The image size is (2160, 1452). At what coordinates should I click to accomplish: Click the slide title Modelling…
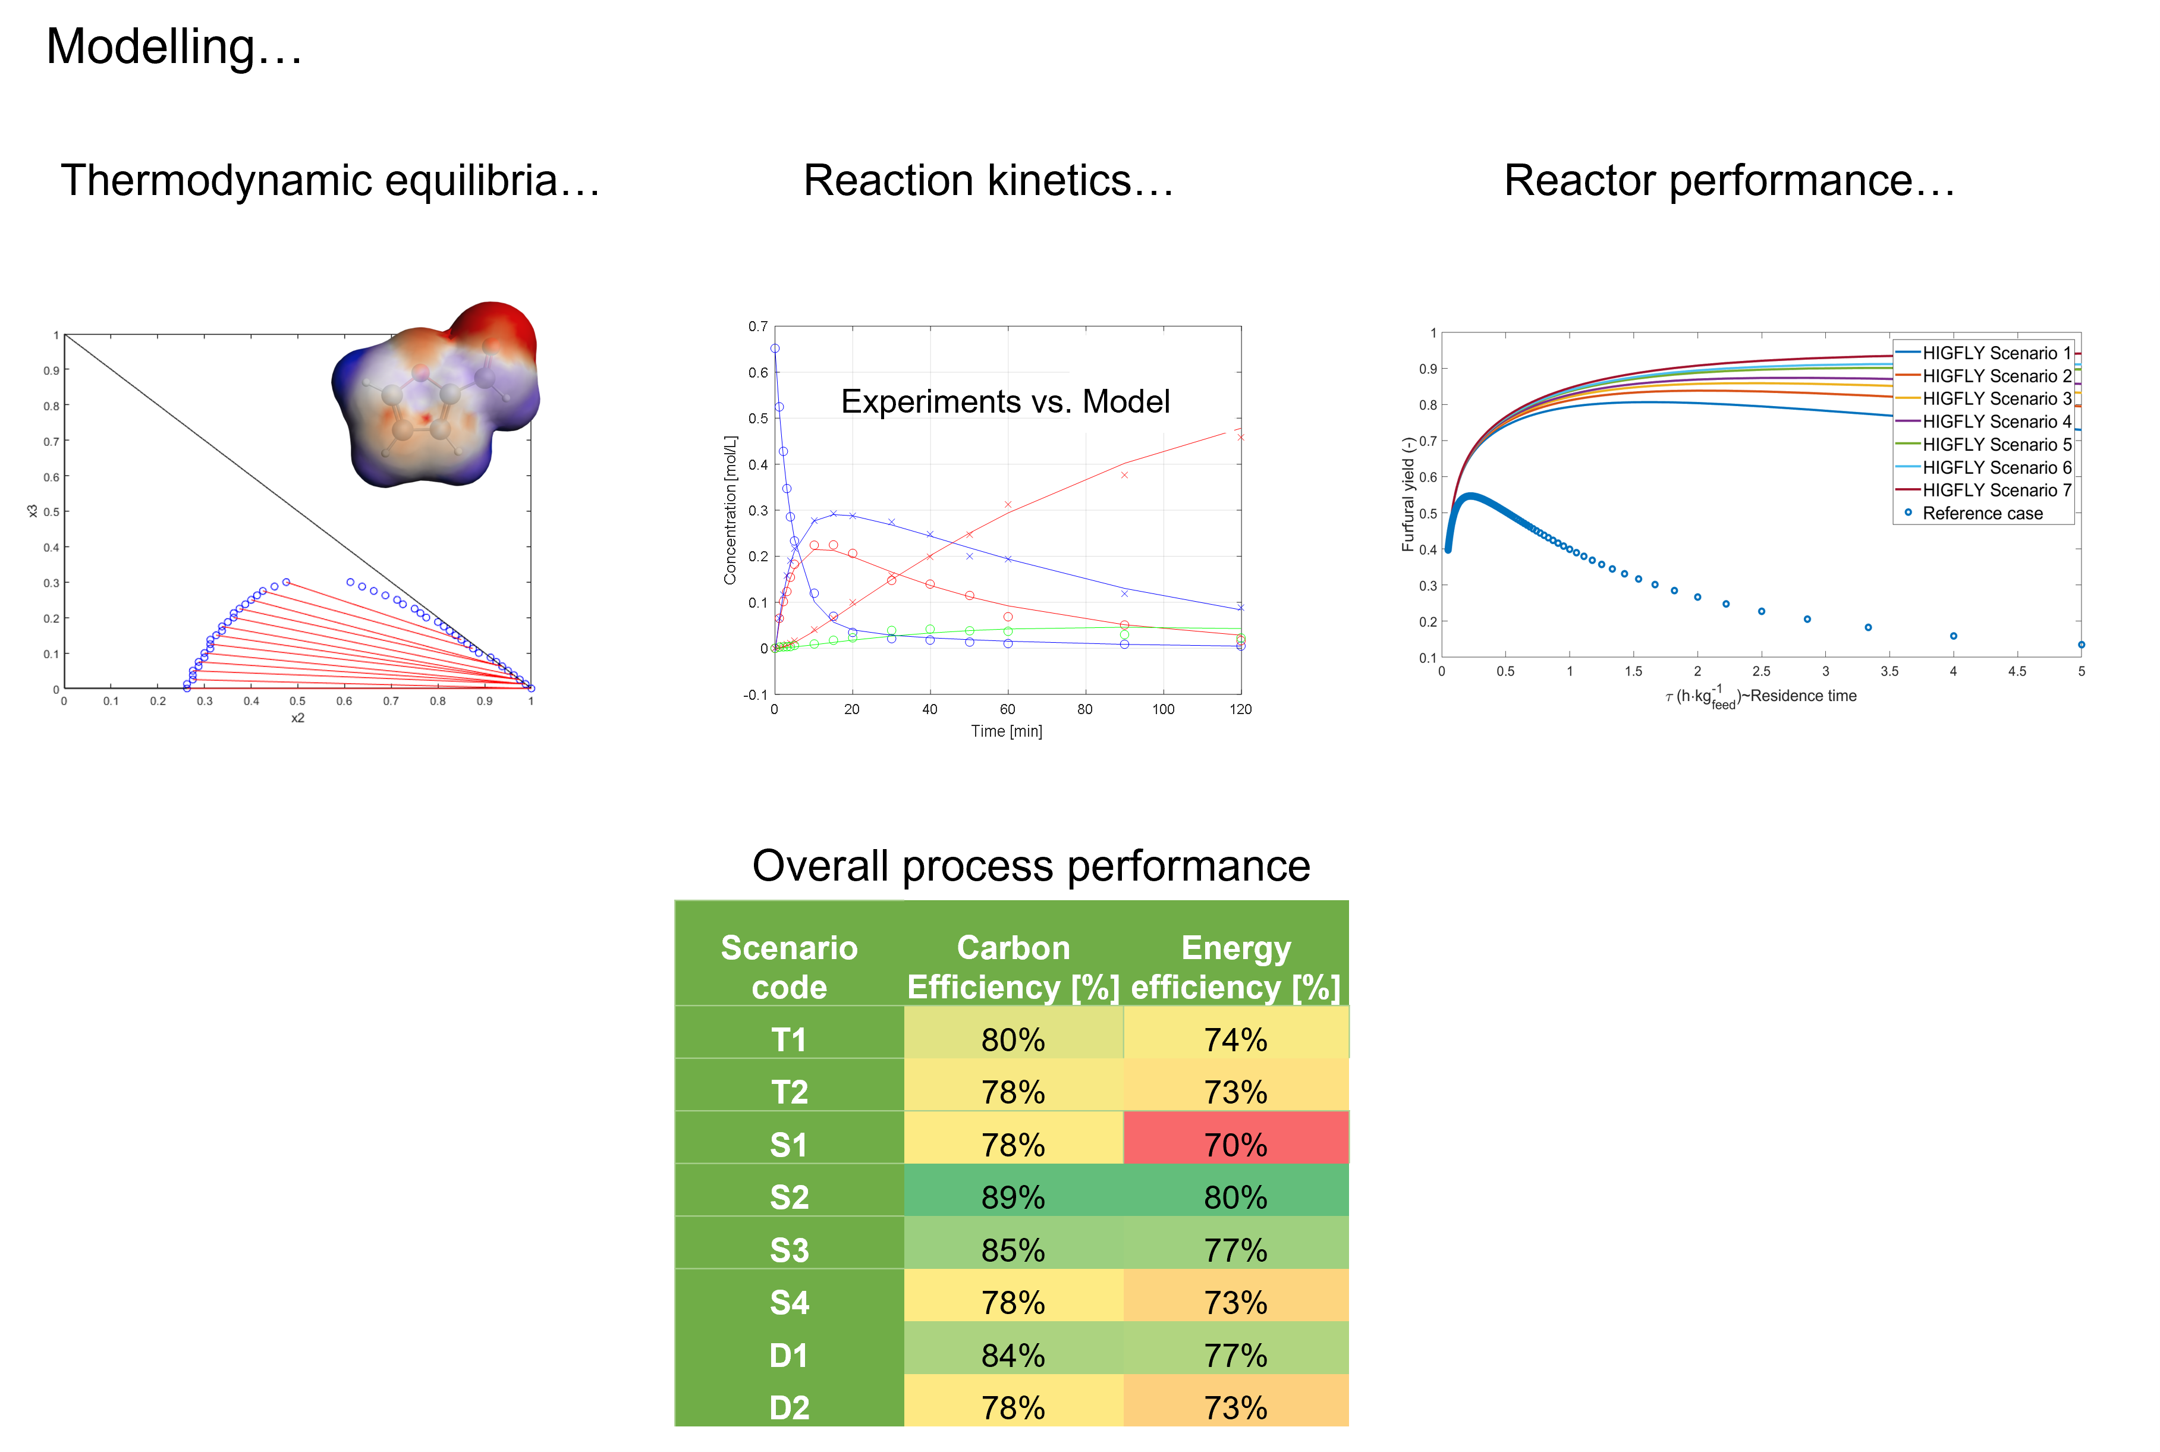[174, 47]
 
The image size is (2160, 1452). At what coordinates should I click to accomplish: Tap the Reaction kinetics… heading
[988, 181]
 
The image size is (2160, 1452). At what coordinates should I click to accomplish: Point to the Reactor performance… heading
[1728, 181]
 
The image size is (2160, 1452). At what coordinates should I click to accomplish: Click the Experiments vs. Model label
[1005, 402]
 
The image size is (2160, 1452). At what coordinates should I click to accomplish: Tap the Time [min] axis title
[1007, 731]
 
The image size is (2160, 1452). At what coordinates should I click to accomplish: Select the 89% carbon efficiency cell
[1013, 1198]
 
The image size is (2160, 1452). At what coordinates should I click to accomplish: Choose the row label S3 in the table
[789, 1250]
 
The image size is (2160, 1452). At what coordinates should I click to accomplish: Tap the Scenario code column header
[789, 967]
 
